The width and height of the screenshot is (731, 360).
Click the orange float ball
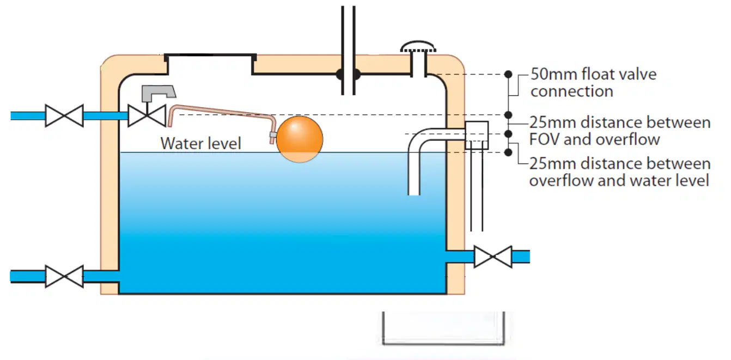(300, 139)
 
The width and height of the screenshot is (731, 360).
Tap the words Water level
(200, 144)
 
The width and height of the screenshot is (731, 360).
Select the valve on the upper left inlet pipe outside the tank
(64, 115)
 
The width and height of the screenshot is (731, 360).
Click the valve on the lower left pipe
(64, 276)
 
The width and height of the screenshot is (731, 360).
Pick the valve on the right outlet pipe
(493, 257)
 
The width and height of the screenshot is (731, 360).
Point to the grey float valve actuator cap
(159, 93)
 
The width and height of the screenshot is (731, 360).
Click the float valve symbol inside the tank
(147, 115)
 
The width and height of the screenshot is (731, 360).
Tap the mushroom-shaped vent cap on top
(418, 47)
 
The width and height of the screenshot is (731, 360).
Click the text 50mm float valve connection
(593, 83)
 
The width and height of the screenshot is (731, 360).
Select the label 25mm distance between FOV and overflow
(620, 131)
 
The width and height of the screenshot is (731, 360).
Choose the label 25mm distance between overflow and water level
(620, 172)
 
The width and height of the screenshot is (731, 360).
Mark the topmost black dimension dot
(508, 75)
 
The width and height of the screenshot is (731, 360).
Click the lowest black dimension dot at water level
(508, 152)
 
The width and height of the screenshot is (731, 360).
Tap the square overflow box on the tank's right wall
(477, 135)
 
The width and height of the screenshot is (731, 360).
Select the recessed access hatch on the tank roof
(210, 64)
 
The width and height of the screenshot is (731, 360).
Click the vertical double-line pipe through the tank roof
(348, 51)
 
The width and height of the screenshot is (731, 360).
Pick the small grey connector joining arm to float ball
(273, 135)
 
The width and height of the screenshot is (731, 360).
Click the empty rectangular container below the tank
(443, 328)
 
